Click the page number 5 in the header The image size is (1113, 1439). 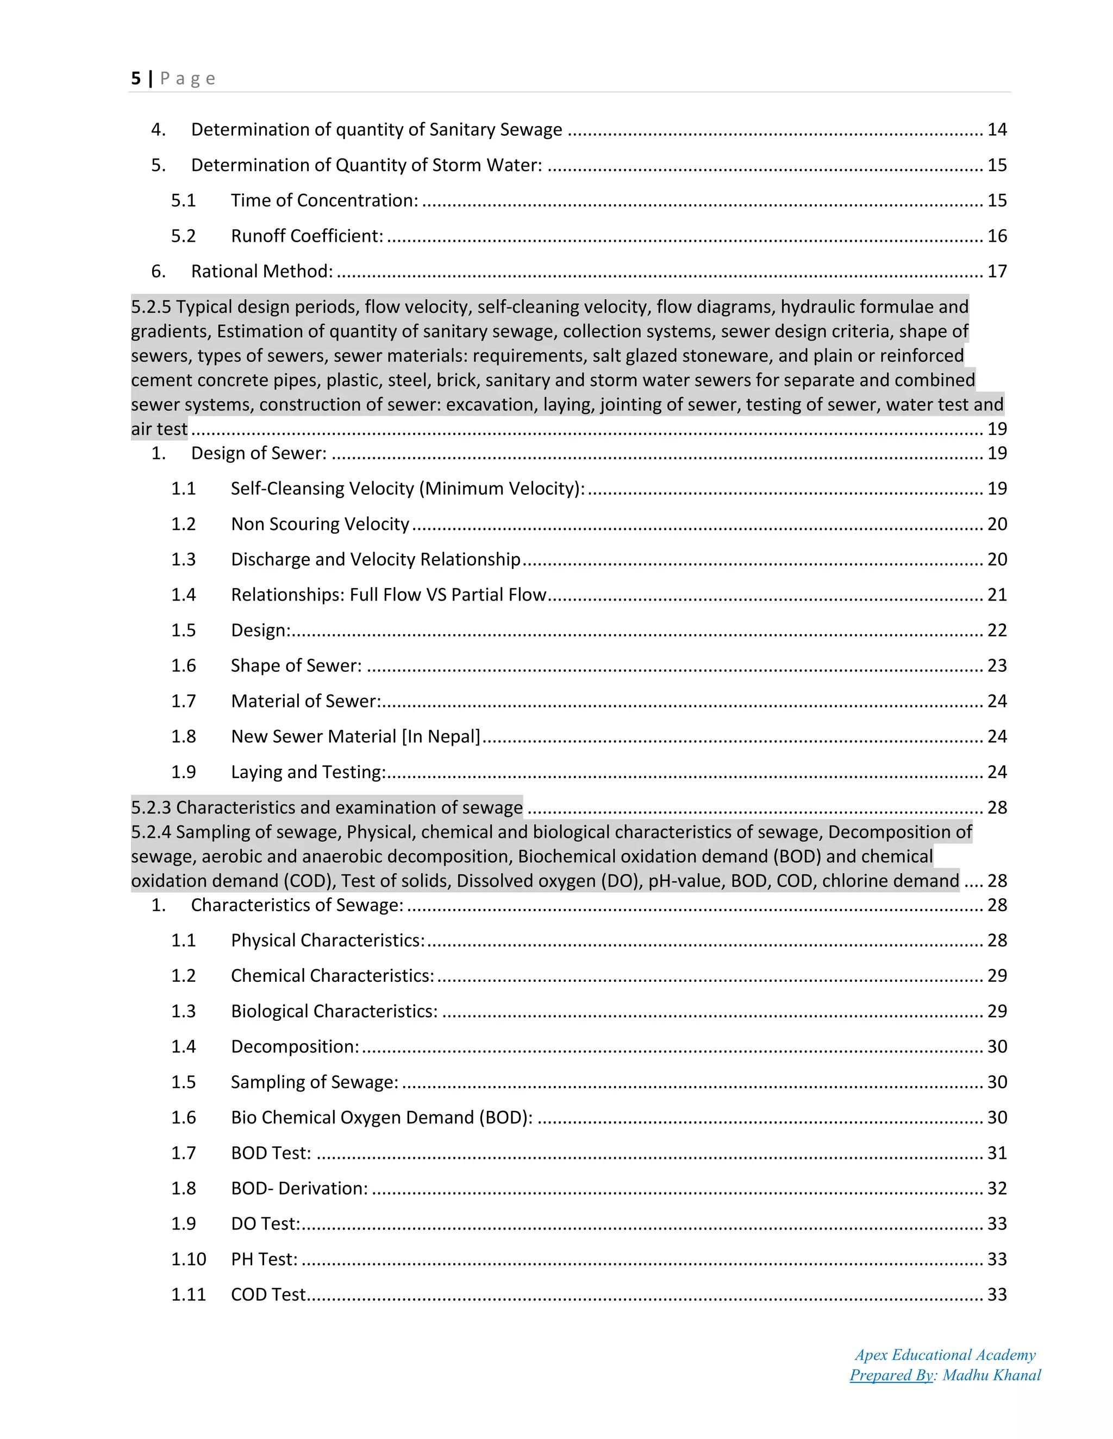click(136, 78)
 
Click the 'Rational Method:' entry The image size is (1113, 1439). click(262, 272)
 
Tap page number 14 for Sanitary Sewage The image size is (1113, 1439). click(996, 130)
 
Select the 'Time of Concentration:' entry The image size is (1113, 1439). click(324, 200)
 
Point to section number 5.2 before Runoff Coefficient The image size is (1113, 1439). click(183, 236)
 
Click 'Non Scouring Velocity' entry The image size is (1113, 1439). click(320, 524)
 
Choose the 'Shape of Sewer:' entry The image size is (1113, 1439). click(296, 666)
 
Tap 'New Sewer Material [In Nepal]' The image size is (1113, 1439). click(355, 737)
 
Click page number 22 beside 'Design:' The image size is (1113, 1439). click(996, 630)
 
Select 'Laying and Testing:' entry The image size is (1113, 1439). click(308, 772)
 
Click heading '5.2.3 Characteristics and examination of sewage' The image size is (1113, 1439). click(327, 808)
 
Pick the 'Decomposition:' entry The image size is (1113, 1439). click(295, 1047)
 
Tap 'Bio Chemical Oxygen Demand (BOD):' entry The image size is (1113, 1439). click(381, 1118)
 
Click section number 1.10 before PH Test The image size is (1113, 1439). click(189, 1260)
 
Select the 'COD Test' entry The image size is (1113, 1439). click(268, 1295)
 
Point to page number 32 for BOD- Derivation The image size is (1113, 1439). click(996, 1189)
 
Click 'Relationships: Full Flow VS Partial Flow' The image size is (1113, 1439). click(389, 595)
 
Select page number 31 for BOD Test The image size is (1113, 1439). click(996, 1153)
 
